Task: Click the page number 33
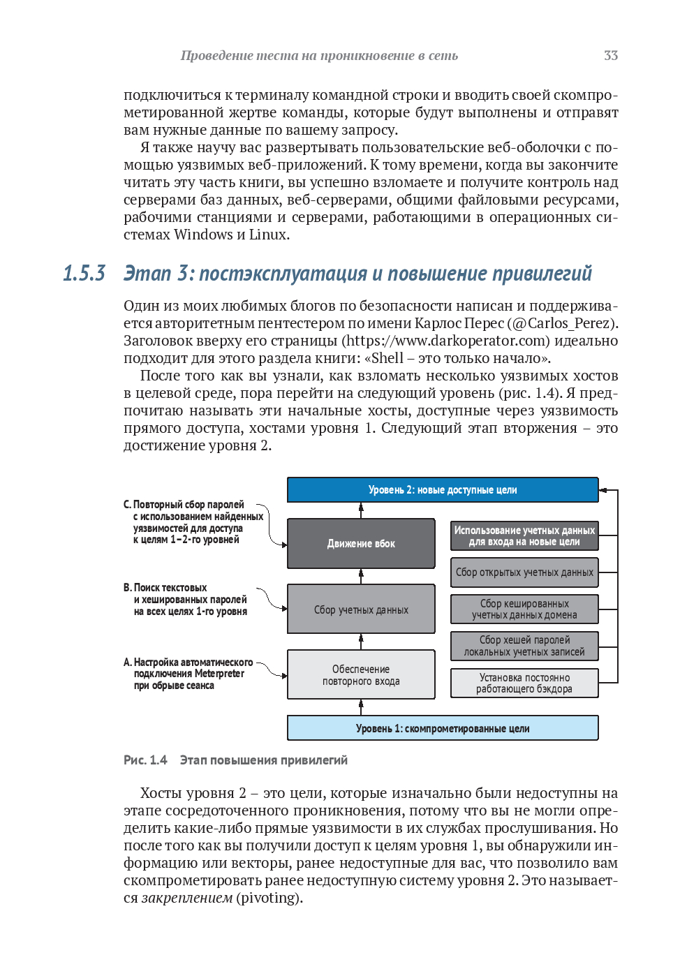coord(610,56)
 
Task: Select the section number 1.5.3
coord(84,273)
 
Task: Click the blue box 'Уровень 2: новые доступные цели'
coord(443,490)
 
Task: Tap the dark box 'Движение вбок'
coord(361,543)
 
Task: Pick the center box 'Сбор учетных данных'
coord(361,609)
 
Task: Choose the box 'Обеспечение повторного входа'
coord(361,675)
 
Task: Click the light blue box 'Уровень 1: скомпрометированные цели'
coord(443,728)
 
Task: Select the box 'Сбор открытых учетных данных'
coord(524,572)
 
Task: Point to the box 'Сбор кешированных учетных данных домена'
coord(524,609)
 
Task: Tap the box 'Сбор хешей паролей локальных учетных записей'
coord(524,646)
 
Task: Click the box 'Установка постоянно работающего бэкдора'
coord(524,683)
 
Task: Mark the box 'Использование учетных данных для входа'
coord(524,535)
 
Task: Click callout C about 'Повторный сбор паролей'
coord(189,522)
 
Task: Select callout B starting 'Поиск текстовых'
coord(186,600)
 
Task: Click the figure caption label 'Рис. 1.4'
coord(145,760)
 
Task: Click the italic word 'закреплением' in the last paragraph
coord(187,898)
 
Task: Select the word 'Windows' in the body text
coord(203,235)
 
